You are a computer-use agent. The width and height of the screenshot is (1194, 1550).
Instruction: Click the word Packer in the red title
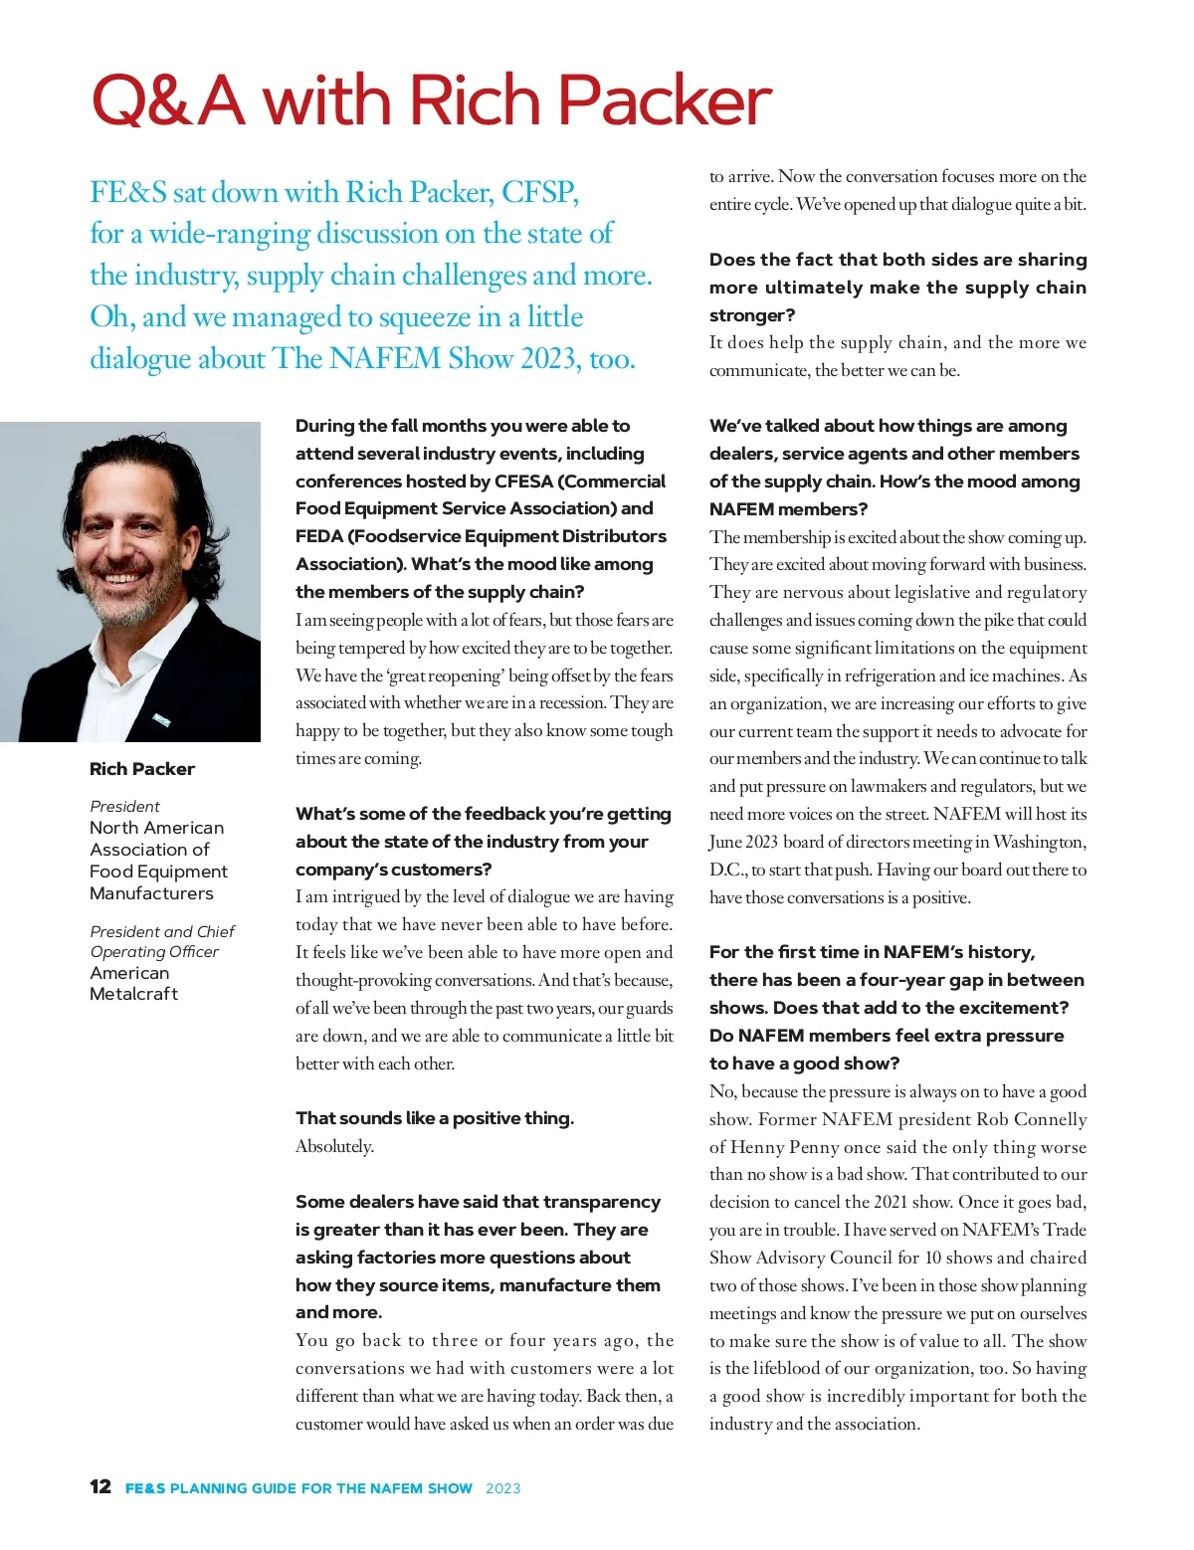click(x=664, y=101)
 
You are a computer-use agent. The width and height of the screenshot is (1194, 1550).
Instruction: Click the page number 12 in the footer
click(x=100, y=1486)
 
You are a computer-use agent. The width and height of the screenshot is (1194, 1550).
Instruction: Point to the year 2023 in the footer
click(x=502, y=1488)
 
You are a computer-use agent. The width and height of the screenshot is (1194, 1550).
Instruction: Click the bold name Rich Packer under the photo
click(x=142, y=769)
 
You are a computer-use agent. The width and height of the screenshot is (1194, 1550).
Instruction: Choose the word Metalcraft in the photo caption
click(x=133, y=994)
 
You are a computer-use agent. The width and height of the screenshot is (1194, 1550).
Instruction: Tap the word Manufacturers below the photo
click(x=151, y=893)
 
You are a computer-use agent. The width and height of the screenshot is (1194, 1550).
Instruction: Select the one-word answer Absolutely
click(x=334, y=1146)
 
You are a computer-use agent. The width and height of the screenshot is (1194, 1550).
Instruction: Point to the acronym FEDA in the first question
click(x=318, y=536)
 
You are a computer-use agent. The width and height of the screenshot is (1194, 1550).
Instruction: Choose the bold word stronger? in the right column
click(x=752, y=315)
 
